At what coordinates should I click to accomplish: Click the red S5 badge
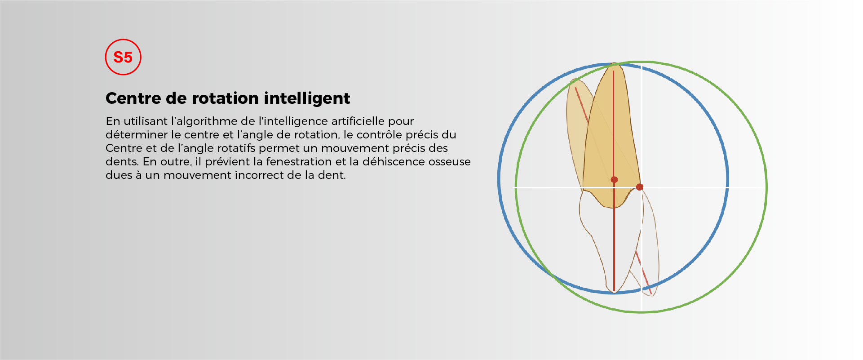tap(123, 57)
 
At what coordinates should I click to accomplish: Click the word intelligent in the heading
tap(307, 98)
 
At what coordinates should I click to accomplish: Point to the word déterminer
tap(137, 135)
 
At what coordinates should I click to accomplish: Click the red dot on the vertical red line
tap(614, 180)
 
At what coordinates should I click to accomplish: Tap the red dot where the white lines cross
tap(640, 187)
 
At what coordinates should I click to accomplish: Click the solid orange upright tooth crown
tap(611, 135)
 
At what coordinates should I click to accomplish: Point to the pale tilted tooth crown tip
tap(575, 81)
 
